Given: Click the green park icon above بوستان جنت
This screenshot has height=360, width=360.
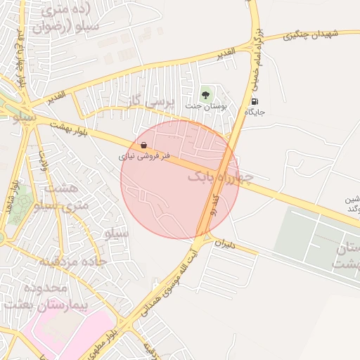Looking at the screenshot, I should click(205, 93).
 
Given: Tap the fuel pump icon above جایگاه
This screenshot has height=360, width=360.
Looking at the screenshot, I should click(253, 101).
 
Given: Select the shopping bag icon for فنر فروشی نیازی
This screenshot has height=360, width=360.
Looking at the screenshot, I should click(143, 145).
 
